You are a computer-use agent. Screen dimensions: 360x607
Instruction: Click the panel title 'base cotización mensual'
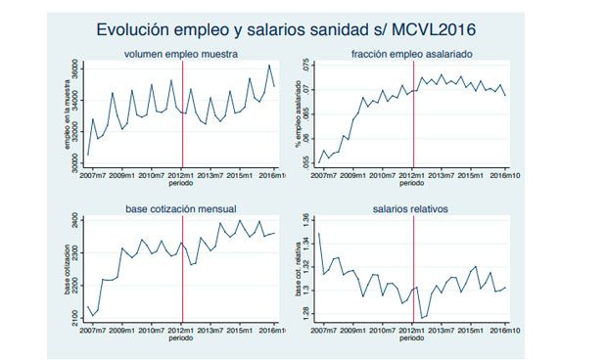(182, 209)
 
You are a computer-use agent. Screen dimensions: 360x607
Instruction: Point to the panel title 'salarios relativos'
(413, 209)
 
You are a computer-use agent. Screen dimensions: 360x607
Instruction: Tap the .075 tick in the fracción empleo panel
(306, 67)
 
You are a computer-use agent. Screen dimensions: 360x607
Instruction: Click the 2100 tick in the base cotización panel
(75, 316)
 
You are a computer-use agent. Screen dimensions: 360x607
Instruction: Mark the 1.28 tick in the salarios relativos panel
(306, 312)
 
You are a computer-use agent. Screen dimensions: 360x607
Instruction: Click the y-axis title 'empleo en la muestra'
(66, 116)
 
